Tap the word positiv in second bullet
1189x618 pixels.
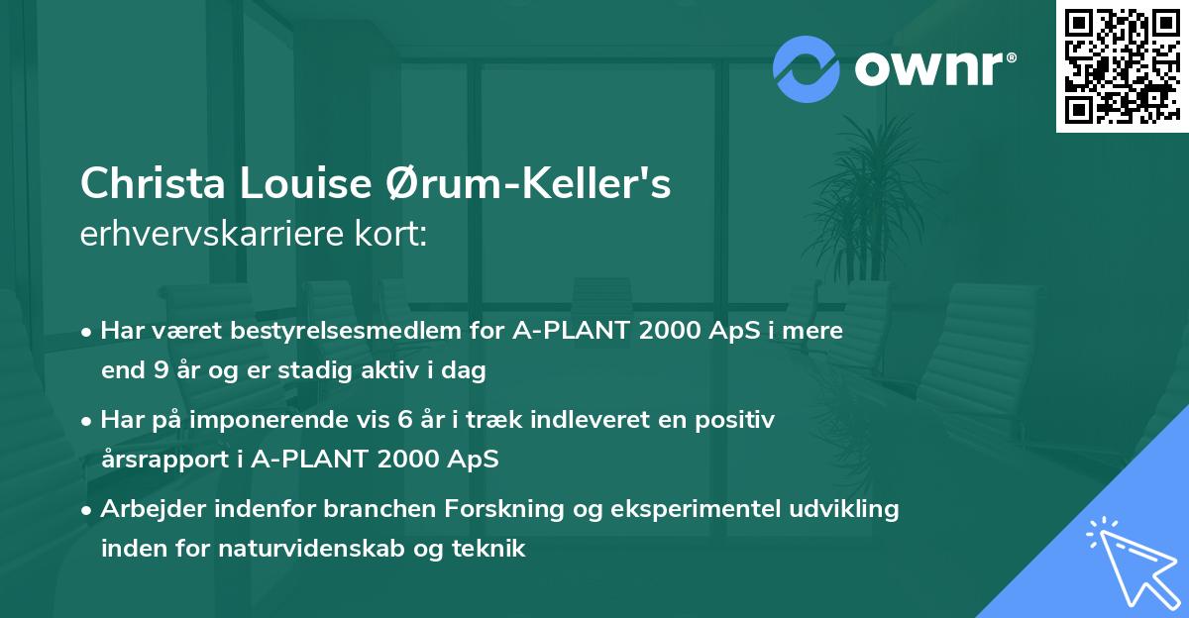[x=739, y=420]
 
